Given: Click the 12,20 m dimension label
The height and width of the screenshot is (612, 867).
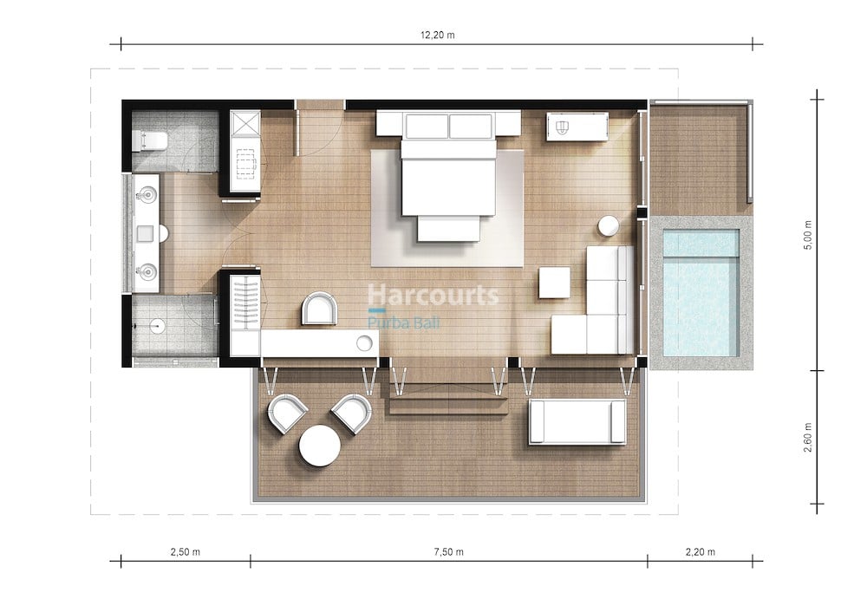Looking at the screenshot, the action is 437,35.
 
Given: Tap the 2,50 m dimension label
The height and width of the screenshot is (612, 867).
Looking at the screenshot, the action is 186,551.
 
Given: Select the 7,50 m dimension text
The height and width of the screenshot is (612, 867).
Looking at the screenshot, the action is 448,551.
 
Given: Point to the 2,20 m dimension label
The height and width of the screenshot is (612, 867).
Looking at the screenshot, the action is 700,551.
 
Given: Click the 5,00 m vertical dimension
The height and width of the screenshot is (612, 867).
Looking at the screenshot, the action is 808,236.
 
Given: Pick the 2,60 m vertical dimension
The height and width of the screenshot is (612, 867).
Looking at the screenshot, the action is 808,438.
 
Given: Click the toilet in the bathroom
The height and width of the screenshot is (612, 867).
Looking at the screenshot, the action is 150,141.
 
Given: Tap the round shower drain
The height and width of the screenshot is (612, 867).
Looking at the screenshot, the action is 157,326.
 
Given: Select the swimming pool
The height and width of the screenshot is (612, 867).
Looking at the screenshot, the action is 701,293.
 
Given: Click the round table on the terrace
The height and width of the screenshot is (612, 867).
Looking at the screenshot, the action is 320,446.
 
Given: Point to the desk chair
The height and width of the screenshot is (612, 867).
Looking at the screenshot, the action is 320,309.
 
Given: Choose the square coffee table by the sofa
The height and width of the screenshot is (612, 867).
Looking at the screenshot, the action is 555,283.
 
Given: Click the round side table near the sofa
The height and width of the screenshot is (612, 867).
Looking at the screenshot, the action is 609,226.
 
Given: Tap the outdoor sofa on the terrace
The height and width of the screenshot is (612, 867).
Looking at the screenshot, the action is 577,422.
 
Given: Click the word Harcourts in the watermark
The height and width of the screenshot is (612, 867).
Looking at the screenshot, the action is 433,296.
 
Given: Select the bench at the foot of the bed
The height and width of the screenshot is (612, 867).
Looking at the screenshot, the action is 448,229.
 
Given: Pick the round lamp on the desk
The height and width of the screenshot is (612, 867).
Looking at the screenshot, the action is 364,343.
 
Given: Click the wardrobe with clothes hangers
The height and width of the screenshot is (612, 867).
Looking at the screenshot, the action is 245,303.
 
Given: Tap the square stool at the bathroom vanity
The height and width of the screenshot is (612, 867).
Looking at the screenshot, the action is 146,233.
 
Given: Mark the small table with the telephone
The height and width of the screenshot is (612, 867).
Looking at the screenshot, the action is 577,127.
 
